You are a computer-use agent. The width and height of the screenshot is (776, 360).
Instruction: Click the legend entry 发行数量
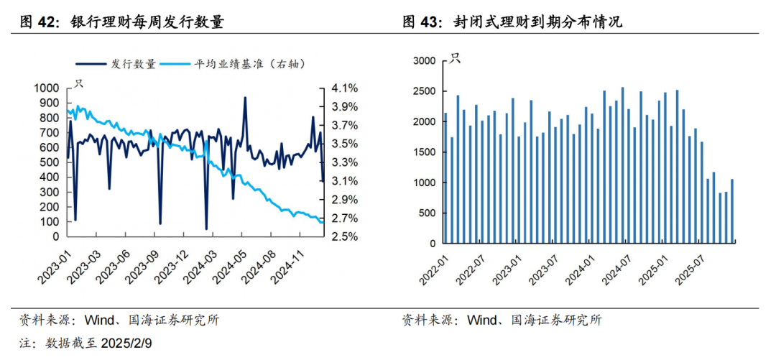tap(133, 64)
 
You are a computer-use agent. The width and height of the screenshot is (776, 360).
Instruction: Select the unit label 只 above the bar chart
tap(455, 58)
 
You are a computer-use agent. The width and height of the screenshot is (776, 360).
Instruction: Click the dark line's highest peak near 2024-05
tap(245, 98)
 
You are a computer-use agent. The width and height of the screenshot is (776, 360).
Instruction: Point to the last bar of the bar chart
tap(732, 211)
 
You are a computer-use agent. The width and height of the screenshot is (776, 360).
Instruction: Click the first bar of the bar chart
tap(445, 177)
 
